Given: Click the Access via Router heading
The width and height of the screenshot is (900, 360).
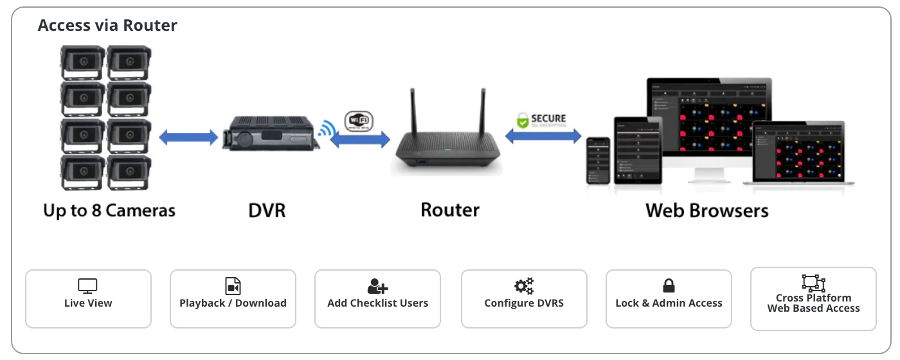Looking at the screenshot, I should pos(107,26).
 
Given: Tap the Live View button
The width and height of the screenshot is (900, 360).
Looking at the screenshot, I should pos(88,299).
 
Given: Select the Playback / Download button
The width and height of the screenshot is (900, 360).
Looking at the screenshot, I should pos(233,299).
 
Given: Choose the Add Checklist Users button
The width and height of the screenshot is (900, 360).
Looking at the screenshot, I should pos(377,299).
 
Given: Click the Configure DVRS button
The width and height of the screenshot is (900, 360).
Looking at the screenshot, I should pos(524,299).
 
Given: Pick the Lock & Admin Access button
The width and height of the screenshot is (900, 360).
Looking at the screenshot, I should pos(669,299).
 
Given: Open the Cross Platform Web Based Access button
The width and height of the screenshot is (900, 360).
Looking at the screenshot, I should pos(813,299).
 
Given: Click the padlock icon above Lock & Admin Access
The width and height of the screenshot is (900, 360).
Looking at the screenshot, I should pos(669,285).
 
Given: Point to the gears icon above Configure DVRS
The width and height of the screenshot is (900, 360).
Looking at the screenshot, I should pos(524,285).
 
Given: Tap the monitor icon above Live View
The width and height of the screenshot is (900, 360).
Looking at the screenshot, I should pos(87,285).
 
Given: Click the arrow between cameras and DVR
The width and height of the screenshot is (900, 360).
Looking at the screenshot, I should pos(188,136).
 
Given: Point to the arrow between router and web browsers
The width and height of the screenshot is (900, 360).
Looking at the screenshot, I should pos(543,136).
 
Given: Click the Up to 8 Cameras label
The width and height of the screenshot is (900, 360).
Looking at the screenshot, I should pos(109,210).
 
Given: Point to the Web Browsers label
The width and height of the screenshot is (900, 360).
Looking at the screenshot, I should pos(706,210).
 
